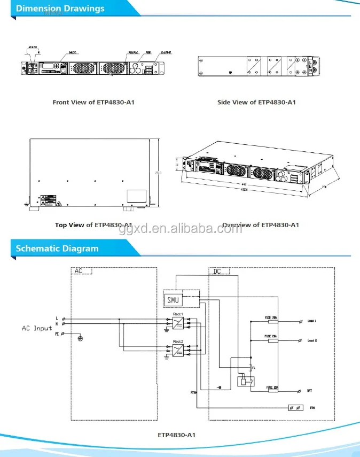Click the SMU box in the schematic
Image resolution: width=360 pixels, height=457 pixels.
pos(174,300)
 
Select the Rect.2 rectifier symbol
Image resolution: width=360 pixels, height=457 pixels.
pos(178,350)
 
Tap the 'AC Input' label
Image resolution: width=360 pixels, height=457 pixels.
pos(37,328)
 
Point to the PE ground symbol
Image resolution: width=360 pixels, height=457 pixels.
pos(80,337)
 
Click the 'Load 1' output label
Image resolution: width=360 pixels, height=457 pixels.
pos(312,321)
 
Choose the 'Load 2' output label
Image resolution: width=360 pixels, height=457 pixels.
pos(312,340)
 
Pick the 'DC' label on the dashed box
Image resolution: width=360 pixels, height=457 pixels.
pos(217,272)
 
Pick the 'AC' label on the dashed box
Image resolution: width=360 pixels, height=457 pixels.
pos(79,271)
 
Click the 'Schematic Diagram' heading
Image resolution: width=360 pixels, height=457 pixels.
pos(57,249)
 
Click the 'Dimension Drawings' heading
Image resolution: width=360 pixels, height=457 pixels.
pos(60,9)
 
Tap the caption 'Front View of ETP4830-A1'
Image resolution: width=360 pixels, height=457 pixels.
pos(93,102)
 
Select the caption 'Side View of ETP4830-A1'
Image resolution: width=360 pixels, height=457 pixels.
pos(256,102)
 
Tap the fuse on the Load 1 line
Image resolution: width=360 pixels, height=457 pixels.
pos(271,322)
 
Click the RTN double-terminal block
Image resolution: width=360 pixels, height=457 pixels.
pos(295,408)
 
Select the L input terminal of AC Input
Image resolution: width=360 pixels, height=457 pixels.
pos(64,319)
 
